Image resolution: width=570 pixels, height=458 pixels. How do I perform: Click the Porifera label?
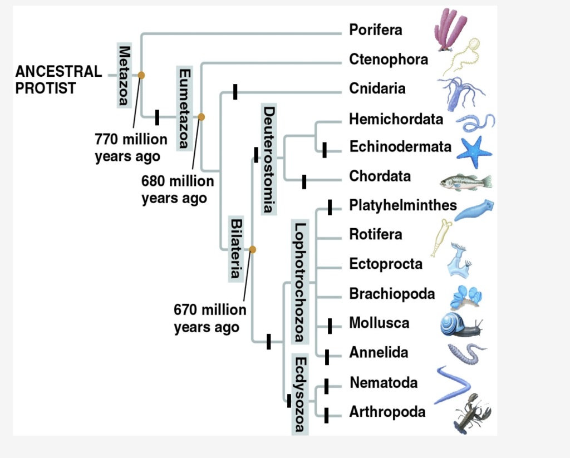tap(375, 30)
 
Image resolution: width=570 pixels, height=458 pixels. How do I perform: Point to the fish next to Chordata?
tap(466, 181)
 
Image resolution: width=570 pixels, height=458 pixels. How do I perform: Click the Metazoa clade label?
tap(124, 73)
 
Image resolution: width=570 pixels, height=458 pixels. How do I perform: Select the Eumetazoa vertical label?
tap(184, 109)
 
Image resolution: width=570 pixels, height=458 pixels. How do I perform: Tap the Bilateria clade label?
tap(236, 248)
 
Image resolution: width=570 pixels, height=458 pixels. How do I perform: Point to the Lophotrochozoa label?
tap(299, 282)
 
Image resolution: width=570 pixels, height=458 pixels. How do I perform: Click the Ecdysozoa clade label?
tap(299, 394)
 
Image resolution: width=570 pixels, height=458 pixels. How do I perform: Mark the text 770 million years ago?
tap(130, 147)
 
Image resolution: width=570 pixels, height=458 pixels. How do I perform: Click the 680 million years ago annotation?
tap(177, 190)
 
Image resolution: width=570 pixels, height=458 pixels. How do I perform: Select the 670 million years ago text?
tap(209, 318)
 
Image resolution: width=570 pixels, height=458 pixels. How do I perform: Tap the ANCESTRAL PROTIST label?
tap(58, 80)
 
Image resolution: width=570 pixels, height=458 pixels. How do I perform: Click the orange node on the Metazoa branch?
tap(141, 75)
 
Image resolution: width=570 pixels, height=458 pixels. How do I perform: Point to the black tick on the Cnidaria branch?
tap(235, 92)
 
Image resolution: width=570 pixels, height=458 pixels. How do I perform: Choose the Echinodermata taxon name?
tap(400, 147)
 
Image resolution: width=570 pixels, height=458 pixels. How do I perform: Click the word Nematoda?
tap(384, 383)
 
